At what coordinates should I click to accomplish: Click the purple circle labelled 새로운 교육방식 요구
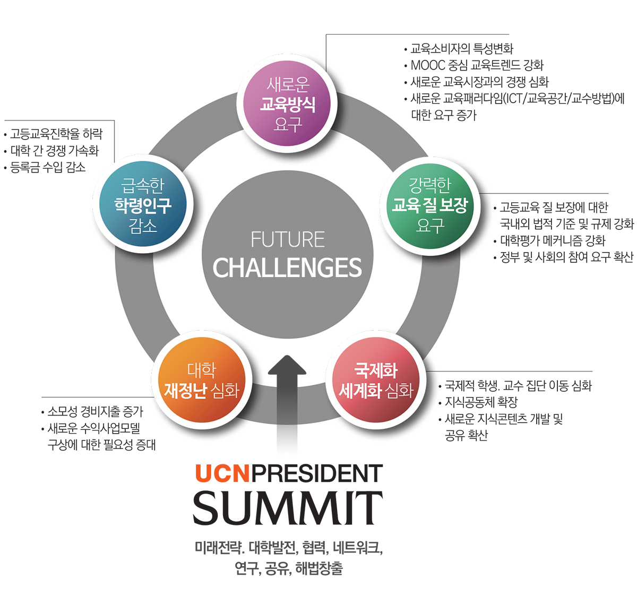(287, 104)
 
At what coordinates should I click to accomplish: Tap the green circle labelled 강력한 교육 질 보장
(429, 206)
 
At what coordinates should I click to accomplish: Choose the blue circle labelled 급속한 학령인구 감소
(143, 206)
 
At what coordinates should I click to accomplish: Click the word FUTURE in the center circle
(287, 240)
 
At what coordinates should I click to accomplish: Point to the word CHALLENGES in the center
(287, 268)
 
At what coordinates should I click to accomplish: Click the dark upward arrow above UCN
(287, 393)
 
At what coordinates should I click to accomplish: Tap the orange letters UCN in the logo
(222, 474)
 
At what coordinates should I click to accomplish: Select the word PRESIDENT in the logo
(317, 474)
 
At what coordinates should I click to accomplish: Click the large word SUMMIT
(287, 508)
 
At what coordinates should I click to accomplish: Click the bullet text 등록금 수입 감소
(48, 168)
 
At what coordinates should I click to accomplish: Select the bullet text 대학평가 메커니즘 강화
(552, 240)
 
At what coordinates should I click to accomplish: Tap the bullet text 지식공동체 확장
(481, 402)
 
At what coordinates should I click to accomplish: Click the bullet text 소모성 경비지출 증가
(96, 411)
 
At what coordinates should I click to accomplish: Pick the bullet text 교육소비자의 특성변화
(462, 49)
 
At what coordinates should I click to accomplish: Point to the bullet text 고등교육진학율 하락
(56, 134)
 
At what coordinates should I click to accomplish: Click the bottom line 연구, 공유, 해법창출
(289, 568)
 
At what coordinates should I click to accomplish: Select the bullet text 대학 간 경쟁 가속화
(55, 151)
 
